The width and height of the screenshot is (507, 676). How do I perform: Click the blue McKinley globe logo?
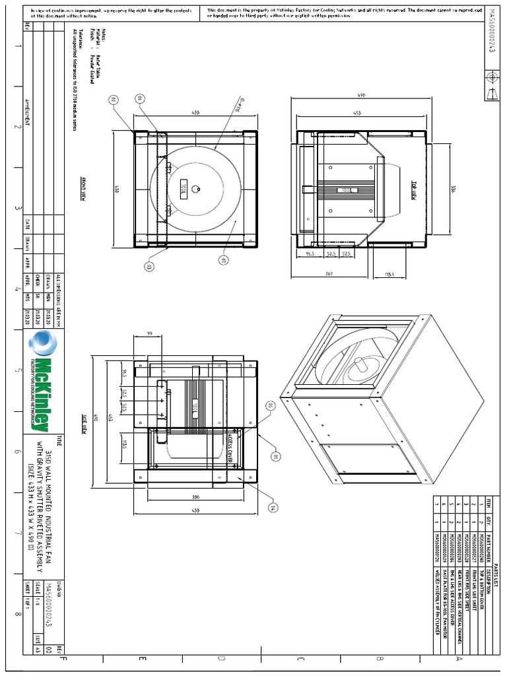(44, 344)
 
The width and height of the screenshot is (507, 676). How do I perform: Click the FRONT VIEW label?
(84, 187)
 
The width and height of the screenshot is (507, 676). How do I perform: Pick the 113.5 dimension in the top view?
(389, 274)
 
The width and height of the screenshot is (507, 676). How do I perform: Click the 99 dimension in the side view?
(150, 334)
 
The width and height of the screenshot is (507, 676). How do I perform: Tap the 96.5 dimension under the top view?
(310, 253)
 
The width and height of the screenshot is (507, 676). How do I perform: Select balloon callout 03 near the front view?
(149, 267)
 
